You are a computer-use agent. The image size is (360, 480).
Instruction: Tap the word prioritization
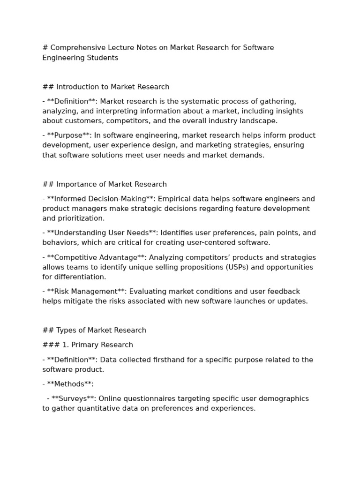pos(81,218)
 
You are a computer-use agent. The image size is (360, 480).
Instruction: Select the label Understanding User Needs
pos(102,233)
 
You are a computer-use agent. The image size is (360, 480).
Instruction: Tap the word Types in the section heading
pos(66,330)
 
